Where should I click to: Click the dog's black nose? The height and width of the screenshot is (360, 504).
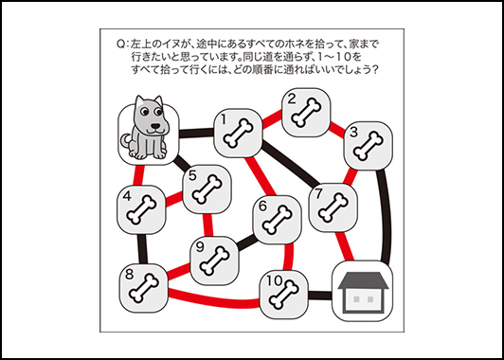pos(155,126)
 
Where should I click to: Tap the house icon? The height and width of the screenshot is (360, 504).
pos(362,292)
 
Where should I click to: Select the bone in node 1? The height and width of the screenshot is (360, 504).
pos(238,134)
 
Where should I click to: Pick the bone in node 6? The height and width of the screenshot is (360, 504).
pos(278,220)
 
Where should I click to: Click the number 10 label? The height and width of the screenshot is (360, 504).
pos(274,280)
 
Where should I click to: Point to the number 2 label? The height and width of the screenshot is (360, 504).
pos(292,99)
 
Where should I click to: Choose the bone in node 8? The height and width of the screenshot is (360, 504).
pos(144,288)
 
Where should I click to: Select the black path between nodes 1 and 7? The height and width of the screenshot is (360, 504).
pos(289,164)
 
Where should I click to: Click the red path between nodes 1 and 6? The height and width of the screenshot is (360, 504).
pos(261,176)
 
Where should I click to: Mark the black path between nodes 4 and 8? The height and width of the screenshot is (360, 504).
pos(143,249)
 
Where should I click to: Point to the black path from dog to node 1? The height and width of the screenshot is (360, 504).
pos(196,133)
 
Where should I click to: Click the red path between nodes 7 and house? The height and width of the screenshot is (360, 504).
pos(344,246)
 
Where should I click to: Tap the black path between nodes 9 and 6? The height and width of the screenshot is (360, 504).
pos(247,243)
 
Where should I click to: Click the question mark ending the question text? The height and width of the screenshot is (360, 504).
pos(373,70)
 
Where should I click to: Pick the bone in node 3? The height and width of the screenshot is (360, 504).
pos(369,146)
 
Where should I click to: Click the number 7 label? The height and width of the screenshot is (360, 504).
pos(318,195)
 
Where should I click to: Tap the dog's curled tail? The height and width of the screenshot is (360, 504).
pos(126,141)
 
